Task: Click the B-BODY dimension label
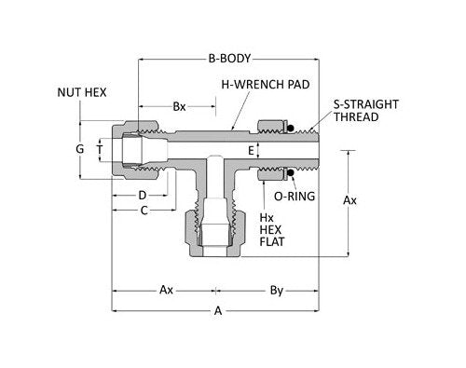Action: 230,57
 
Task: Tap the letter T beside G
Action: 99,149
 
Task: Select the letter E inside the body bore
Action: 251,149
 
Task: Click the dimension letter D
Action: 141,196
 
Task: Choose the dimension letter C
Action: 144,211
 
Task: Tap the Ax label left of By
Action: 165,290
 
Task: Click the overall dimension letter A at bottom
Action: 218,312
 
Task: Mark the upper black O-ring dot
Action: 291,129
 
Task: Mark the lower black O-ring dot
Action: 291,171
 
